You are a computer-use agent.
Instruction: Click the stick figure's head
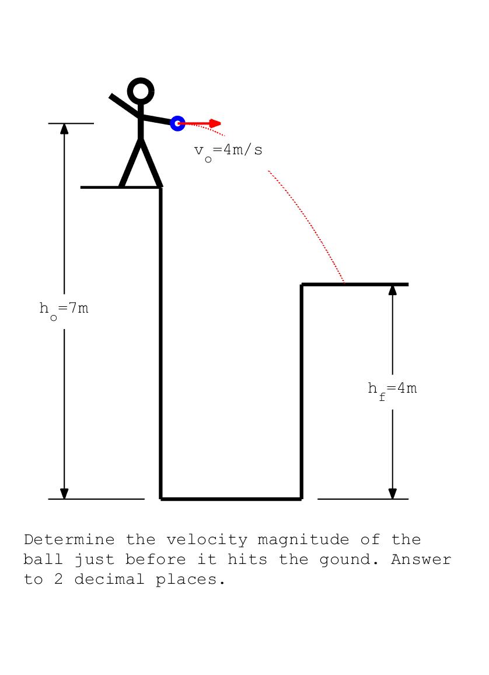[141, 91]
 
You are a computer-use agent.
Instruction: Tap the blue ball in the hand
[177, 123]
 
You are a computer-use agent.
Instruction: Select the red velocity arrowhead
[215, 123]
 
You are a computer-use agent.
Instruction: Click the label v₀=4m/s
[228, 151]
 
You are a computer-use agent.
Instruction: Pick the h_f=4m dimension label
[392, 389]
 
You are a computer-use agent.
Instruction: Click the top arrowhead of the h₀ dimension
[64, 129]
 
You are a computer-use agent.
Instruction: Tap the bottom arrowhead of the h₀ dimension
[64, 494]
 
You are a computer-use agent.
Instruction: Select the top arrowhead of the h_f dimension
[392, 289]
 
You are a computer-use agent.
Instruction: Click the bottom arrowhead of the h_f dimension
[392, 494]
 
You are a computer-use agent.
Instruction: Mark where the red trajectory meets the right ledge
[344, 283]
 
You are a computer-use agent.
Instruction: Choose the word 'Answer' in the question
[421, 559]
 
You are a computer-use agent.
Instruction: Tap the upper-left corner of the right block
[302, 285]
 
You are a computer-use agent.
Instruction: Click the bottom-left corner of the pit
[162, 499]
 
